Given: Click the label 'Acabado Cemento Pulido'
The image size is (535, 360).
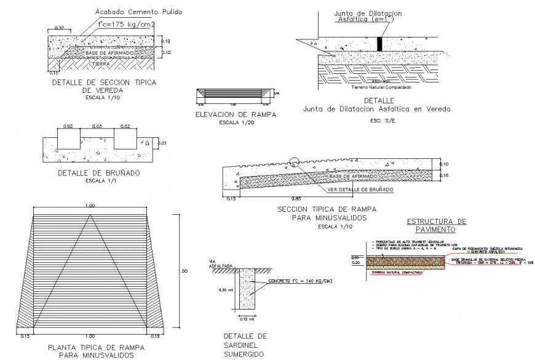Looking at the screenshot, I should point(138,12).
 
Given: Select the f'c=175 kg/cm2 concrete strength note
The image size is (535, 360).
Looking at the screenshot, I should point(126,25).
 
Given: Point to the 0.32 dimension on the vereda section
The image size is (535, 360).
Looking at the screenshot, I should point(60,28).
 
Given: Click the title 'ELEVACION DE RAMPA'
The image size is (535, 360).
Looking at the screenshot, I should point(236,114).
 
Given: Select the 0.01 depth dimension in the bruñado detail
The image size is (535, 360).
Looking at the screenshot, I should point(162,143).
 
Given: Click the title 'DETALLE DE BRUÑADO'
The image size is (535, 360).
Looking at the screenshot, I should point(99,173).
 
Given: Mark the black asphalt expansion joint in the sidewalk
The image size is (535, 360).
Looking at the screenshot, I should point(379,44).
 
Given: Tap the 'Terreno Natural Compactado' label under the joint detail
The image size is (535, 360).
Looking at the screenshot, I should point(381,87).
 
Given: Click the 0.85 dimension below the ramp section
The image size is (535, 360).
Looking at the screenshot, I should point(297,199).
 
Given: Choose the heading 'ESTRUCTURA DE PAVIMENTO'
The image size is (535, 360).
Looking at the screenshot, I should point(437,225).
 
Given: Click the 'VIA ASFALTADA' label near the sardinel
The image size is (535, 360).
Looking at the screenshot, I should point(220,263).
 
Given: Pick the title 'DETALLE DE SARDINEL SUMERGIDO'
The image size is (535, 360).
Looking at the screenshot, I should point(245,345).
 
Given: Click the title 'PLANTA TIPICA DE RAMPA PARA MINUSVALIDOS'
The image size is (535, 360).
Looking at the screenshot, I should point(90,351).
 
